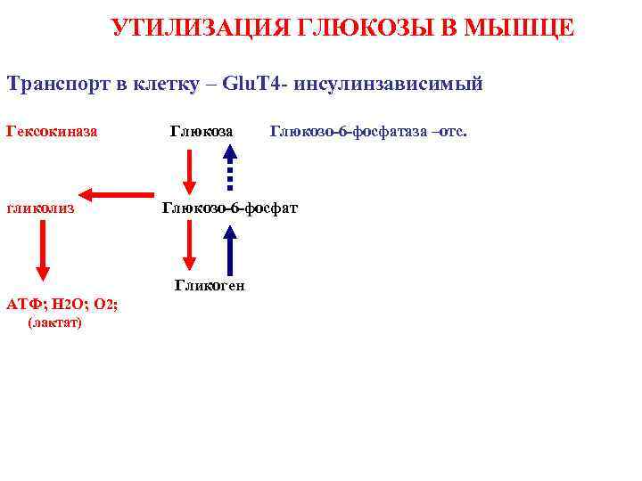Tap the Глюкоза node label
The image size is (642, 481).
click(x=202, y=132)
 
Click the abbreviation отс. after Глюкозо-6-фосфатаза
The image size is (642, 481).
click(x=451, y=132)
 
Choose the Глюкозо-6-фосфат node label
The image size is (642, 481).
click(x=230, y=208)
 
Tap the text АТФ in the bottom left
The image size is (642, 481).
click(x=21, y=304)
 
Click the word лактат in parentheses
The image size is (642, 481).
click(x=55, y=322)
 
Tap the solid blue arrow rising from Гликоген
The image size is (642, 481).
click(x=230, y=249)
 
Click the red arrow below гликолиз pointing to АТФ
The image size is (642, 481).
click(x=42, y=251)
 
